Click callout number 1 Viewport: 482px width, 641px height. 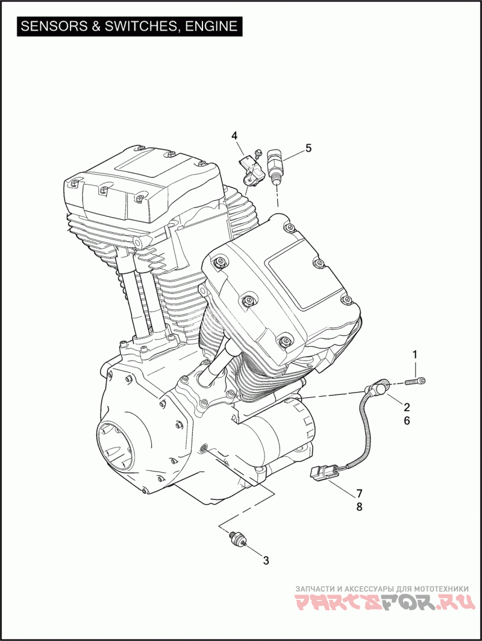coord(415,355)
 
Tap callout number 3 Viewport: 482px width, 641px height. coord(266,560)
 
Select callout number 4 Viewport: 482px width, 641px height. coord(234,135)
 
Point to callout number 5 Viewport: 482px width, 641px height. coord(308,148)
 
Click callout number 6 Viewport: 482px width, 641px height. coord(407,420)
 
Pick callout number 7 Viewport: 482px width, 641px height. coord(360,493)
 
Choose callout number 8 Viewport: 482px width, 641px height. coord(360,507)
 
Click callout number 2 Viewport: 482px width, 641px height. coord(407,407)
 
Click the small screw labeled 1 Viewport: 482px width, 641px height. coord(415,382)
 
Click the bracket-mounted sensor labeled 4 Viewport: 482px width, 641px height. coord(249,169)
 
